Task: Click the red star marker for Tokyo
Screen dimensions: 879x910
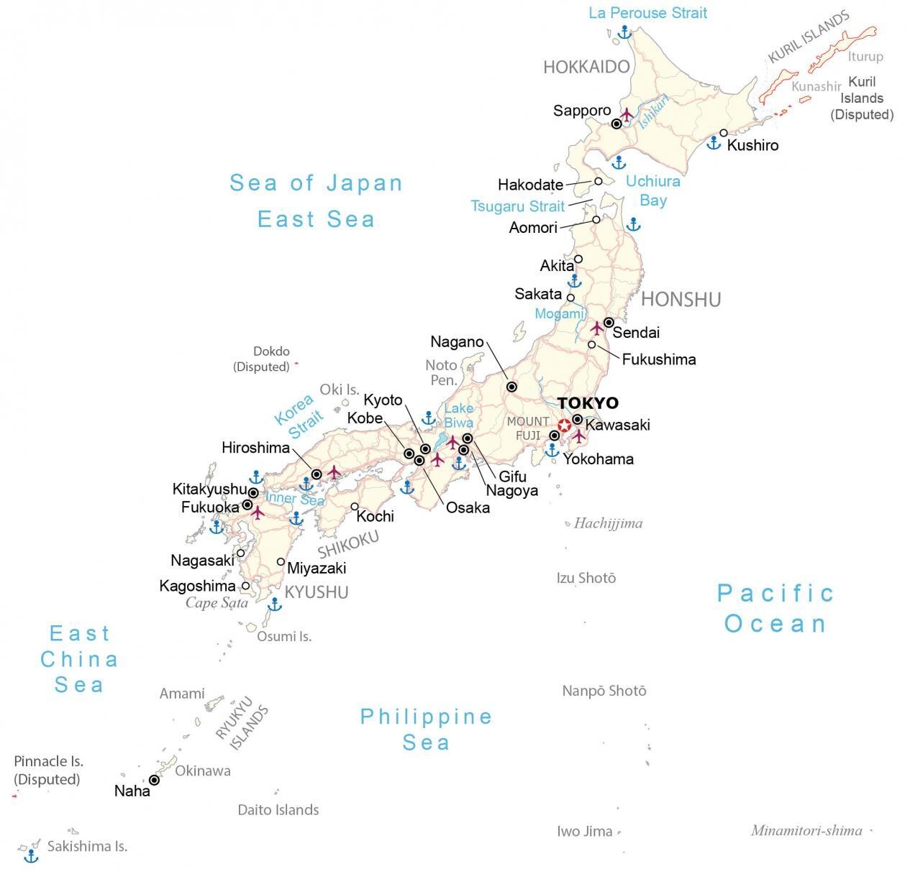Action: coord(564,425)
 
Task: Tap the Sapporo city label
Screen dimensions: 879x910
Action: coord(582,111)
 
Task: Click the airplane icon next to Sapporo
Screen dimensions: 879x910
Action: coord(627,115)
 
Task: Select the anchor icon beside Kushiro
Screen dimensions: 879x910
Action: coord(713,142)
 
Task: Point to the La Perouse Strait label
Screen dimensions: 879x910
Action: coord(647,13)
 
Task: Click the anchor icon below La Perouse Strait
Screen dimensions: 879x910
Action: coord(624,32)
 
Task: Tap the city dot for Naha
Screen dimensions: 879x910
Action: coord(154,780)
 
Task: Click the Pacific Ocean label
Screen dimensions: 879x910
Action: coord(775,608)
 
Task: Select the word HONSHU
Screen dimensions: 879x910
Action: coord(681,300)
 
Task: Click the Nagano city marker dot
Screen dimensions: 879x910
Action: coord(511,387)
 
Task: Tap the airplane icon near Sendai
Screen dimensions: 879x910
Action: coord(597,328)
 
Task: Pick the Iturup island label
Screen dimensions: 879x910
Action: coord(865,57)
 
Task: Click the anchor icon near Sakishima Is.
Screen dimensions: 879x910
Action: coord(31,855)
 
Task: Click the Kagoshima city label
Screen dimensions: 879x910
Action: coord(197,586)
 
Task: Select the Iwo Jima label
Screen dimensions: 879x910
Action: coord(584,832)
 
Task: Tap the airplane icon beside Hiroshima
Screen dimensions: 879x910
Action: coord(335,472)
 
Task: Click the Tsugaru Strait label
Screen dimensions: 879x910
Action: coord(517,206)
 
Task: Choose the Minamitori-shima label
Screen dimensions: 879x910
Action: coord(806,831)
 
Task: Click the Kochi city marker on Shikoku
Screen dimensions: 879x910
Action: coord(355,507)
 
